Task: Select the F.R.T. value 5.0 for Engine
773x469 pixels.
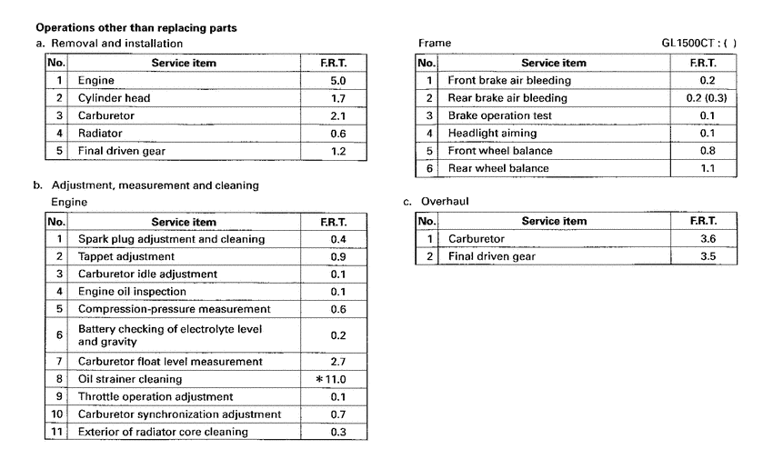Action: (336, 81)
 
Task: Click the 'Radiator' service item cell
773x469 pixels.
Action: (100, 133)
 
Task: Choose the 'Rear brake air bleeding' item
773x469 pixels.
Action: (507, 98)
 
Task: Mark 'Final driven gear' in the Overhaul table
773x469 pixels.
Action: (492, 256)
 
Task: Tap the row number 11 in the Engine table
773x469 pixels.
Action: (56, 432)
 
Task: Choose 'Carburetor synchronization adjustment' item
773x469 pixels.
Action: (179, 414)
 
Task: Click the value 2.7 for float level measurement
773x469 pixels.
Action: (336, 362)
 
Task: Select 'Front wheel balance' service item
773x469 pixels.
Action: (500, 151)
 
